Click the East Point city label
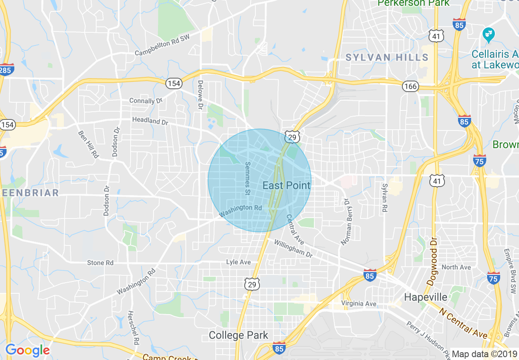(286, 185)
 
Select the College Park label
(238, 335)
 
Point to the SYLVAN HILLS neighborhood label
(387, 57)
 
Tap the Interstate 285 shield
(6, 70)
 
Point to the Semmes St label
(247, 178)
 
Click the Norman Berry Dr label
(347, 222)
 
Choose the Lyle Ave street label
(238, 262)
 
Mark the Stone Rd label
(100, 263)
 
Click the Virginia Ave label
(359, 304)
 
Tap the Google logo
(27, 350)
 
